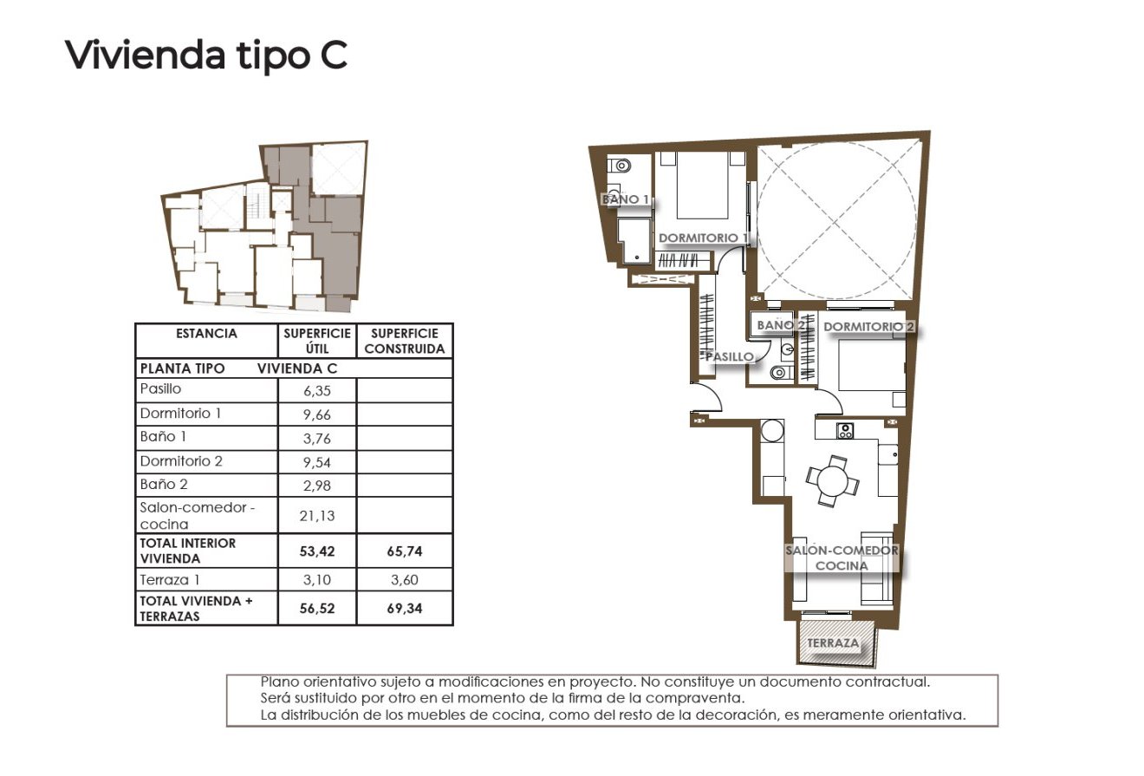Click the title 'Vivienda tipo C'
pos(206,55)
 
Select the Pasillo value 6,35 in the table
pos(317,391)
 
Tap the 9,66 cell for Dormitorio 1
pos(317,415)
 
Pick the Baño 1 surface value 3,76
pos(317,439)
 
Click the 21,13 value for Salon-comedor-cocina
pos(317,516)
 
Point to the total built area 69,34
pos(406,609)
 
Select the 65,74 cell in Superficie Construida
pos(406,551)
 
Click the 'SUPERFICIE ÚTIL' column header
pos(317,341)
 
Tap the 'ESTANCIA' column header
pos(206,334)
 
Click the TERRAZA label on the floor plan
pos(833,643)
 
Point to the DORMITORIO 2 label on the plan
pos(868,327)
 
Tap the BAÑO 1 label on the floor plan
pos(626,199)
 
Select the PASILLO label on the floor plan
pos(729,356)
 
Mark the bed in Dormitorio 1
pos(701,186)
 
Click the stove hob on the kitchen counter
pos(845,430)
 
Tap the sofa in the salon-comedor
pos(877,572)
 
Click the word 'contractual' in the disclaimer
pos(892,682)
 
